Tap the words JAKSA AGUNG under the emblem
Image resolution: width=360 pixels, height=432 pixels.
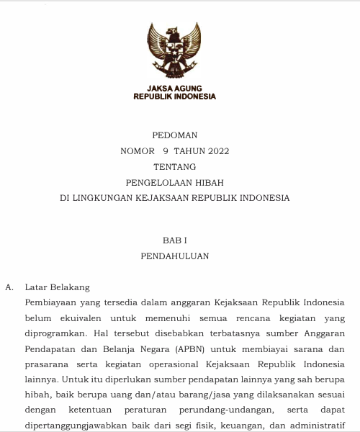click(x=174, y=88)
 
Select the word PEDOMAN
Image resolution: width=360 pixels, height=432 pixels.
click(x=174, y=135)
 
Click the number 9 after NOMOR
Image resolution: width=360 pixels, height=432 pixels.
click(x=166, y=151)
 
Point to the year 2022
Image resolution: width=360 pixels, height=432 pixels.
click(x=218, y=151)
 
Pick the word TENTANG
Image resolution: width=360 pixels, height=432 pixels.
click(x=174, y=167)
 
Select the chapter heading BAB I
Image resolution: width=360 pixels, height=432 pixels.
click(x=174, y=240)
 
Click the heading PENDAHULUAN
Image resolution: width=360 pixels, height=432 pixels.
click(x=174, y=256)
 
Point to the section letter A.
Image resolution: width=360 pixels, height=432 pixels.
click(x=9, y=287)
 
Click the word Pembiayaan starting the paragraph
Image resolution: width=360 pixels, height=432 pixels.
click(x=51, y=302)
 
